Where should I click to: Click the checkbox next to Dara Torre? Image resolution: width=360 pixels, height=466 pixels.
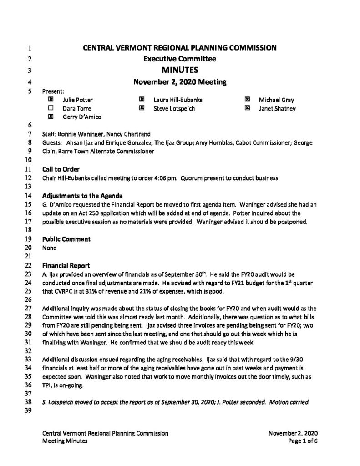click(x=51, y=108)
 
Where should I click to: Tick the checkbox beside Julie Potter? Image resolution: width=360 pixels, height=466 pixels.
click(x=51, y=100)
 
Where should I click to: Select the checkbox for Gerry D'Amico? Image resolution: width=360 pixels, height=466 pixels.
click(x=51, y=116)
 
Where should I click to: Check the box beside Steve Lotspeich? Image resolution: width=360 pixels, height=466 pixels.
click(x=142, y=108)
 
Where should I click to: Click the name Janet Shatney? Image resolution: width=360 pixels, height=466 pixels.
click(x=277, y=108)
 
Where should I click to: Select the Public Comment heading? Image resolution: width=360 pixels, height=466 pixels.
click(x=66, y=239)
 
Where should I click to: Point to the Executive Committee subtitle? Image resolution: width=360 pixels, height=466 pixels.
click(x=180, y=59)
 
